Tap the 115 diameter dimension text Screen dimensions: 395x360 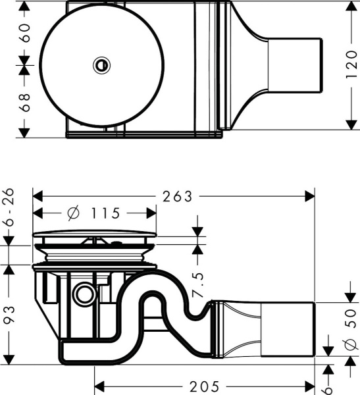103,213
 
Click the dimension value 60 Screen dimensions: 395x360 25,33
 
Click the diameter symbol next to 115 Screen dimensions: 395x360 74,213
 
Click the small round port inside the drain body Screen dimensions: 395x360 83,293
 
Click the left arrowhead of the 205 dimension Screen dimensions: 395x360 99,386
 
